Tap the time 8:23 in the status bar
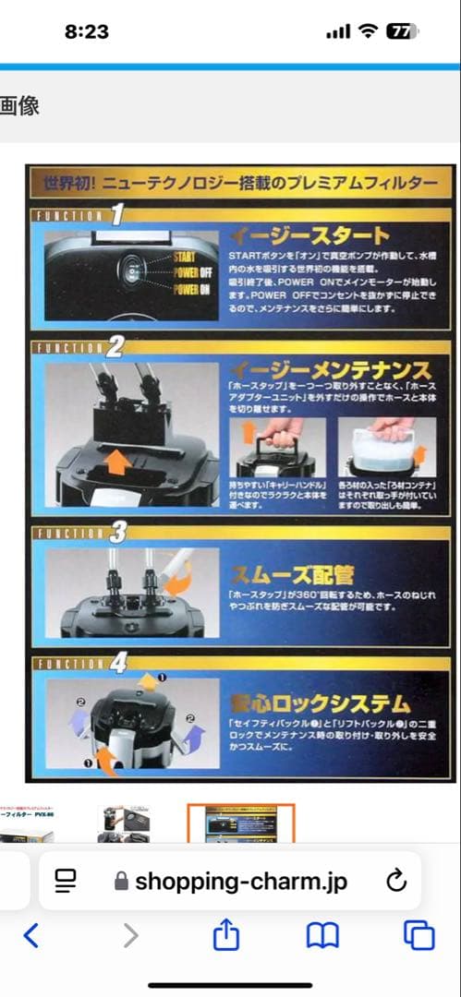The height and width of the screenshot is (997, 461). [x=87, y=31]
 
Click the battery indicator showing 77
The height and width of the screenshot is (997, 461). [x=402, y=31]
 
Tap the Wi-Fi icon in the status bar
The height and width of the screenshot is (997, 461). [x=368, y=31]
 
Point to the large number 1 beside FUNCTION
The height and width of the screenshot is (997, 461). [x=116, y=216]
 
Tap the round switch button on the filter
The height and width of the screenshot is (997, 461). [x=132, y=273]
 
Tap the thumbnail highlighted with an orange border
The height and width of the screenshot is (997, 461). [x=240, y=823]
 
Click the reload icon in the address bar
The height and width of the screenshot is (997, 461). [x=395, y=880]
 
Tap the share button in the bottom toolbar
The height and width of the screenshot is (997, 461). [x=225, y=936]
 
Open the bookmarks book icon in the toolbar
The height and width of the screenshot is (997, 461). [x=322, y=936]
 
